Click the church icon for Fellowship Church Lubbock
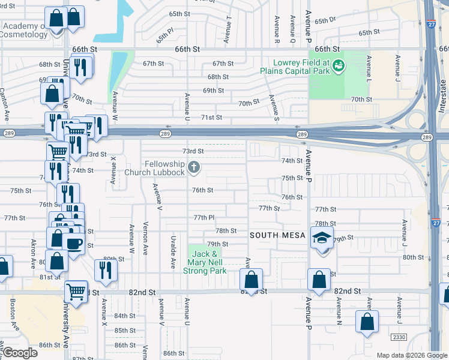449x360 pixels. click(x=193, y=167)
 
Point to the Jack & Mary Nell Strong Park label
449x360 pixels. click(x=207, y=262)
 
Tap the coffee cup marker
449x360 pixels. click(x=74, y=243)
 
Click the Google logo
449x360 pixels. click(x=19, y=353)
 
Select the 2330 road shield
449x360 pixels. click(x=399, y=337)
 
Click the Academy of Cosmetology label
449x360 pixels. click(x=25, y=30)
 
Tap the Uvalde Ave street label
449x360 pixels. click(x=173, y=253)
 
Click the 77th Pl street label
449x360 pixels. click(x=204, y=217)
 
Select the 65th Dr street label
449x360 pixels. click(x=324, y=20)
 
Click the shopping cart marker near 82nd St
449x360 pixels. click(x=76, y=292)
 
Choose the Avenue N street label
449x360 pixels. click(x=339, y=312)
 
